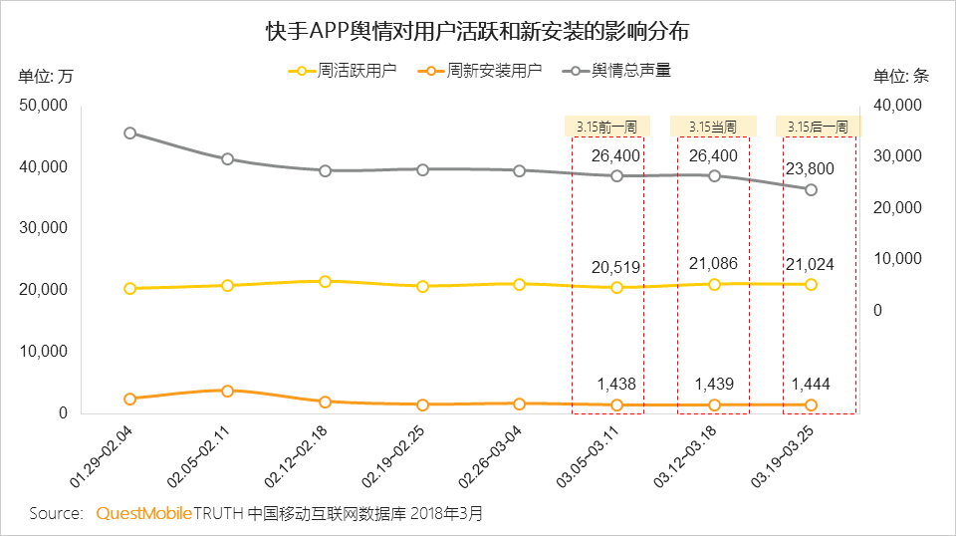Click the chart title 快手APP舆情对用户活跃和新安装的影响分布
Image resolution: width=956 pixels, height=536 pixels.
click(x=477, y=31)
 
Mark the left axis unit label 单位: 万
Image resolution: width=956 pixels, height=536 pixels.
click(x=46, y=76)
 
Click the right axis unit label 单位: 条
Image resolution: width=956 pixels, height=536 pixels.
click(x=901, y=76)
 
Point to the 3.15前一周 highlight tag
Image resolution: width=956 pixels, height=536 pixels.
click(x=606, y=127)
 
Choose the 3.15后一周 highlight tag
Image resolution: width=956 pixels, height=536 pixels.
click(x=818, y=127)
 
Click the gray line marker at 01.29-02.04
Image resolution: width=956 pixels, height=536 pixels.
click(x=130, y=133)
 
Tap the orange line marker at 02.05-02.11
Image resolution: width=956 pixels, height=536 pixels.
click(x=228, y=391)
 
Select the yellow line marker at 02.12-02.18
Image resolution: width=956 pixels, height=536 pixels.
click(x=325, y=281)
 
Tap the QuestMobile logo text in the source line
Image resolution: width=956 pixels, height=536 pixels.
click(x=143, y=513)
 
